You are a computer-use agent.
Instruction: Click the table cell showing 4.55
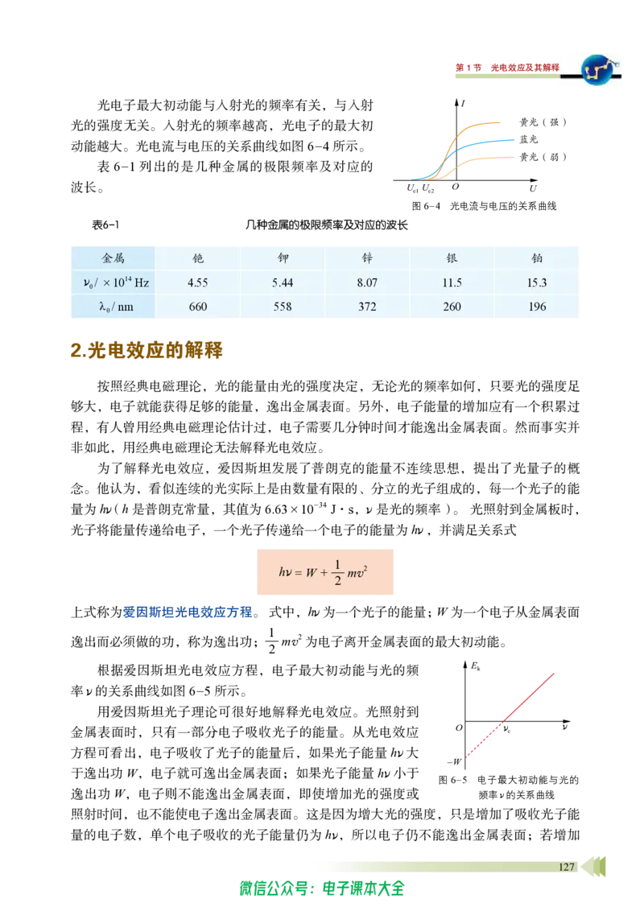tap(197, 283)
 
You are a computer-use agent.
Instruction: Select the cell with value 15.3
tap(536, 283)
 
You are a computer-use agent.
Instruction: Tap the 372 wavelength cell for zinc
tap(367, 307)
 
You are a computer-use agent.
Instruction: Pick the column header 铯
tap(197, 258)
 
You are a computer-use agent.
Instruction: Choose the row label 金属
tap(114, 258)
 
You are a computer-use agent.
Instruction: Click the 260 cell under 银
tap(452, 307)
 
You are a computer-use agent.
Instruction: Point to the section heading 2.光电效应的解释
tap(147, 350)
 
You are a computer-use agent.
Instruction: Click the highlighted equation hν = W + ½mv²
tap(325, 571)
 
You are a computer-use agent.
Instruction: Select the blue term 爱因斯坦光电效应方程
tap(188, 612)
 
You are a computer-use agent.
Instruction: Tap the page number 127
tap(567, 867)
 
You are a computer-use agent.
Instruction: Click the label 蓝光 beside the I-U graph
tap(529, 139)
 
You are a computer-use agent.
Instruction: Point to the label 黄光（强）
tap(543, 122)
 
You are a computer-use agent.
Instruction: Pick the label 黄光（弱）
tap(543, 157)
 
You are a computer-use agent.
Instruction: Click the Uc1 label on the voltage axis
tap(413, 188)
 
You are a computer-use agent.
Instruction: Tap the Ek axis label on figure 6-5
tap(476, 667)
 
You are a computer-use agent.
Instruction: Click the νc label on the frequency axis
tap(507, 729)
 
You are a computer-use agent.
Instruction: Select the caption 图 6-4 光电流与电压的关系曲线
tap(484, 206)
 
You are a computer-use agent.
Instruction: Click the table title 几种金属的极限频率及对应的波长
tap(326, 225)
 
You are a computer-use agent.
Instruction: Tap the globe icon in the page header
tap(599, 70)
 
